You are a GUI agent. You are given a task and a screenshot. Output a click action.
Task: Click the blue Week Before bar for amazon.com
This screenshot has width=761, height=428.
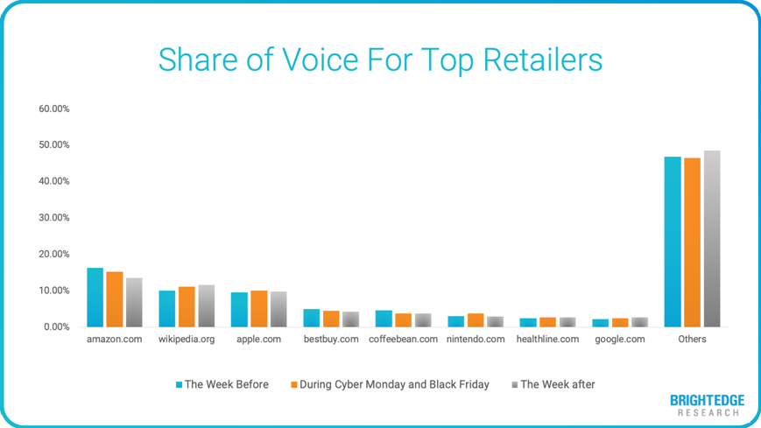[95, 298]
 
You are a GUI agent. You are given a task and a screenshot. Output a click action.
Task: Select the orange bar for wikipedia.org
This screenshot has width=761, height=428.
[186, 306]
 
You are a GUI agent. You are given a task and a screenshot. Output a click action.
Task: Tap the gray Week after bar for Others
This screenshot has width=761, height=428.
[711, 239]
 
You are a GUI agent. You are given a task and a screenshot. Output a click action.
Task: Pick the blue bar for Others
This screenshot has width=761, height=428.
[673, 242]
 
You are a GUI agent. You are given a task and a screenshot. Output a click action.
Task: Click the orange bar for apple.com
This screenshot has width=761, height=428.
[258, 309]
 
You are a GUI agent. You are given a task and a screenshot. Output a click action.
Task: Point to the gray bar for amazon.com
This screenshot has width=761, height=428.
[133, 303]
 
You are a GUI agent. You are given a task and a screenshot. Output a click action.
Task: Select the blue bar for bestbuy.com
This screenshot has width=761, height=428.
[312, 318]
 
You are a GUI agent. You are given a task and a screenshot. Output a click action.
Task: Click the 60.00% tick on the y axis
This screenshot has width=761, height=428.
[53, 109]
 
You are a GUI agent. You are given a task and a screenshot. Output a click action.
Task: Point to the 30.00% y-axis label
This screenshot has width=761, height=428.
[53, 218]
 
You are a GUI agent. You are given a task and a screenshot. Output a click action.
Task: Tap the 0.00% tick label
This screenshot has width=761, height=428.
[56, 326]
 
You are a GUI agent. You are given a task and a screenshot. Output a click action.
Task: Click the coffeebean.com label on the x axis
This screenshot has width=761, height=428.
[403, 340]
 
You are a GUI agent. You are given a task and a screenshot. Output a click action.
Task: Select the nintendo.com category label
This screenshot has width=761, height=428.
[476, 340]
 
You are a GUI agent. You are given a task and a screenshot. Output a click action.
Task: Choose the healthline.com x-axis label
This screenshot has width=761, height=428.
[548, 340]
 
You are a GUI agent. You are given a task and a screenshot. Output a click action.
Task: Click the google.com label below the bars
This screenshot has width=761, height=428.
[620, 340]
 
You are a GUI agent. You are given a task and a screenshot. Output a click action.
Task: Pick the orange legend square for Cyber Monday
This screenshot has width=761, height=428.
[294, 384]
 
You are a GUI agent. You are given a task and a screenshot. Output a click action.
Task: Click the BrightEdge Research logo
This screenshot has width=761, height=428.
[707, 405]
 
